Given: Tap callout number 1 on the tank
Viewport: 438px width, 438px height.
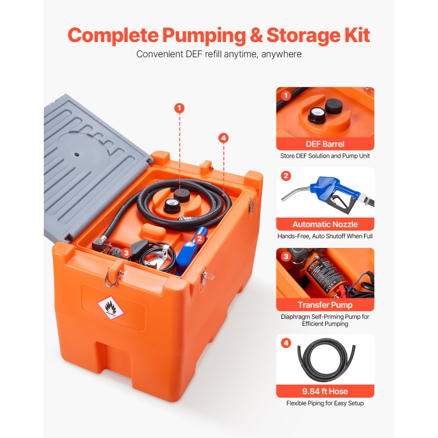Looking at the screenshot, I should (179, 108).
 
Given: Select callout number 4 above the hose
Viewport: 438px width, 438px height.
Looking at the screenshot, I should (223, 138).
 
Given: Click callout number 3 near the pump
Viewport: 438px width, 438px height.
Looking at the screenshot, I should (126, 252).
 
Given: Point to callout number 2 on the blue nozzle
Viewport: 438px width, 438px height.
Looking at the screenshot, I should (199, 239).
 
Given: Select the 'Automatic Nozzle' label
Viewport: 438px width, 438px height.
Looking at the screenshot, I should (325, 224).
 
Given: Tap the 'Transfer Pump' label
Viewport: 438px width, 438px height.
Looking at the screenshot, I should (325, 305).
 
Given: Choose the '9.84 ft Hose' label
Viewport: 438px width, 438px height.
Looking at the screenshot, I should (325, 391).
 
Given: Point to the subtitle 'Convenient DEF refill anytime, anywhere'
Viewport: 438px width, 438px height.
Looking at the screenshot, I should (219, 54).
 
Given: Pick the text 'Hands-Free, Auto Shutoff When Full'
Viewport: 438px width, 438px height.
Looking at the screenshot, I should (325, 236).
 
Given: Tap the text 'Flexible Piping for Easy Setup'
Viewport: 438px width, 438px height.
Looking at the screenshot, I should (325, 403).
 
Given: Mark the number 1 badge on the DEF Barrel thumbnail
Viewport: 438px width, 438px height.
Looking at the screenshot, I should (286, 95).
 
